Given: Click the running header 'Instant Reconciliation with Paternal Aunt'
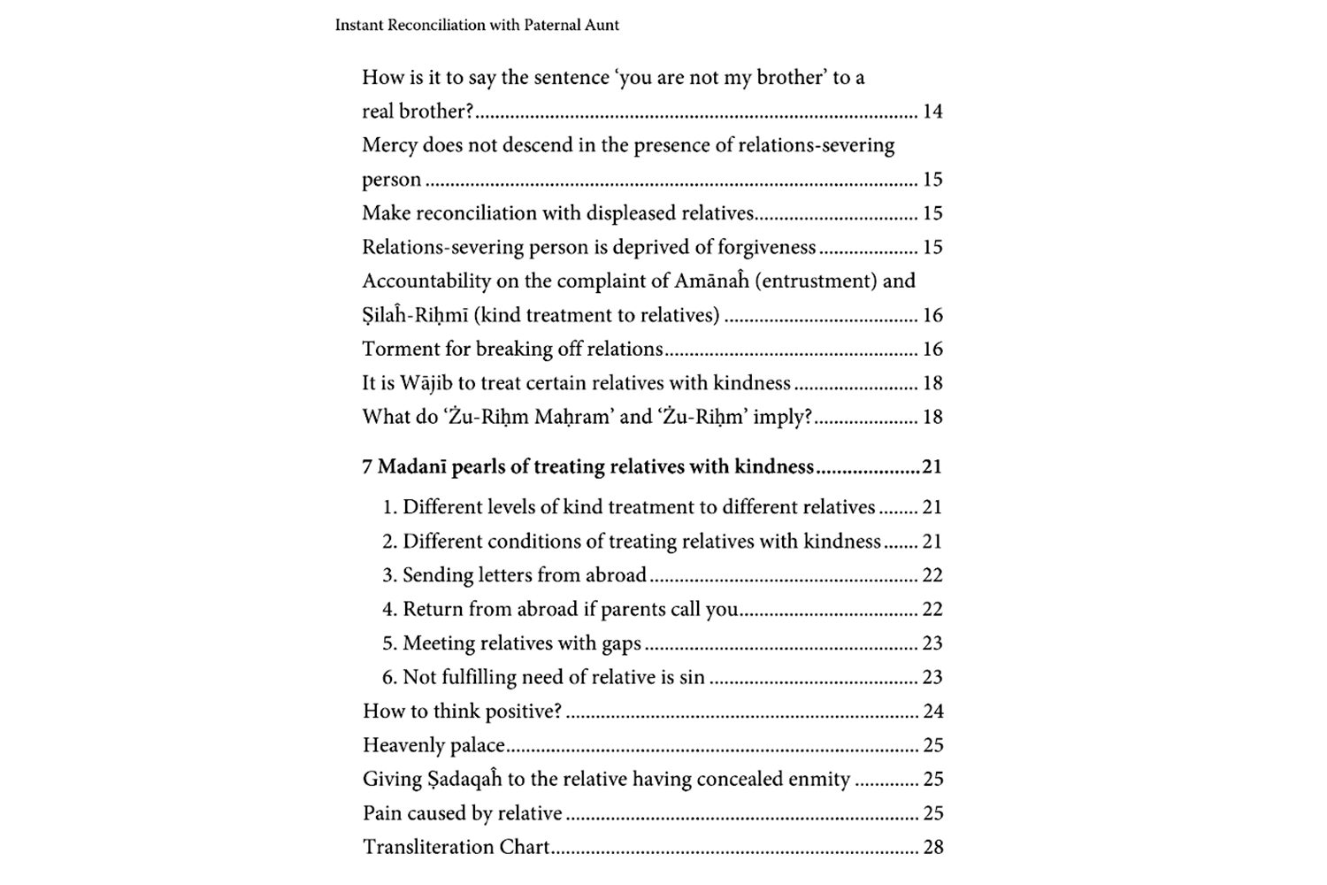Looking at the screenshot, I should click(x=477, y=26).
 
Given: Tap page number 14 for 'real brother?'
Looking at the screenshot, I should click(x=932, y=112).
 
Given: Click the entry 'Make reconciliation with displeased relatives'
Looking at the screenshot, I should click(x=557, y=213).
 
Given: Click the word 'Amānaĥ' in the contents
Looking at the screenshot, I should click(x=711, y=281).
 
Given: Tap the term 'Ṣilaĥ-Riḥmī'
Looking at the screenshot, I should click(x=415, y=316).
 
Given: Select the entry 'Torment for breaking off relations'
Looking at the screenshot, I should click(x=512, y=350).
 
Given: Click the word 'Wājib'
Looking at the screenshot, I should click(x=426, y=383).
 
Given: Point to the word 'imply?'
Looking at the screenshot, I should click(x=782, y=417).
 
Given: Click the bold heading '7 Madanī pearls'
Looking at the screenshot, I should click(x=443, y=467).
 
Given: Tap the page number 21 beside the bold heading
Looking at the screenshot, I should click(x=932, y=467).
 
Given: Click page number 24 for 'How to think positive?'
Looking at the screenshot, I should click(x=933, y=712).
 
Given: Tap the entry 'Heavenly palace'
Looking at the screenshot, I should click(x=433, y=745).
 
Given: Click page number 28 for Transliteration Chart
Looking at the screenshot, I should click(x=933, y=848).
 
